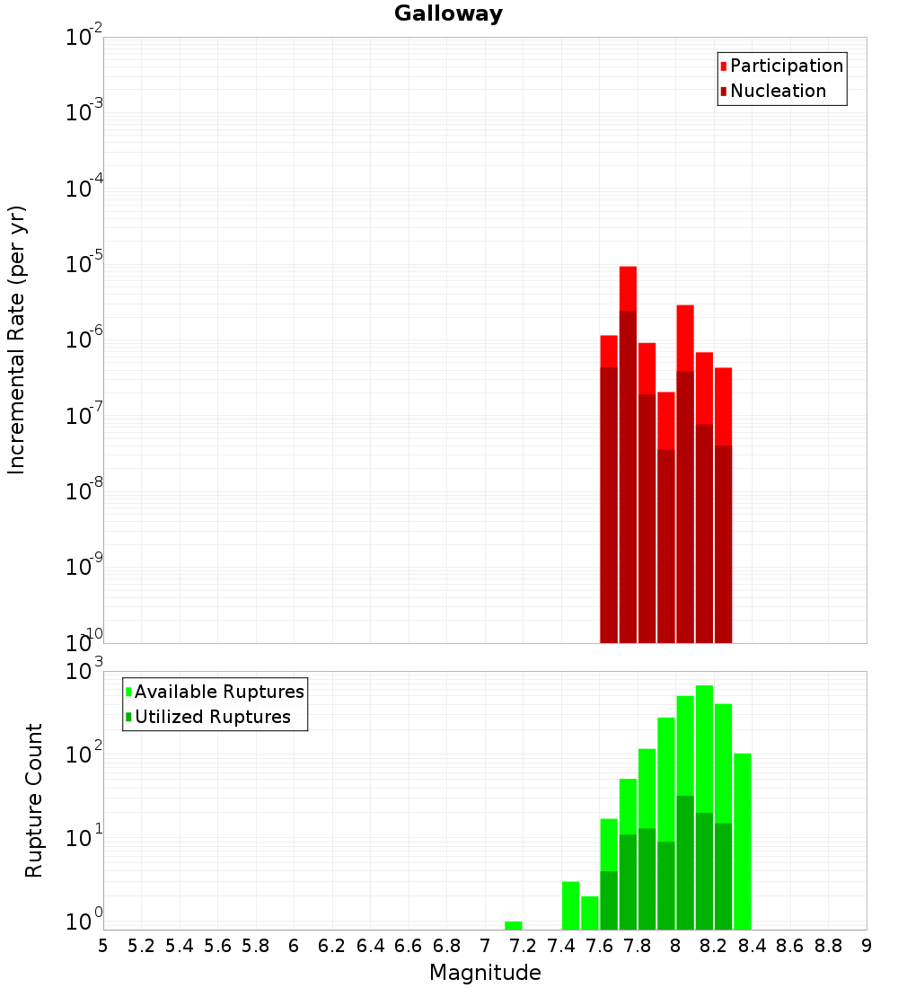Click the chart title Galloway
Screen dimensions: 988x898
448,13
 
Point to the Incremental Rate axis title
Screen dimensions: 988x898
17,340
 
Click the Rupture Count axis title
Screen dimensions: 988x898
34,800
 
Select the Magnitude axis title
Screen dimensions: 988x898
485,973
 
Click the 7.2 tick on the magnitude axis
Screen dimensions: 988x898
523,946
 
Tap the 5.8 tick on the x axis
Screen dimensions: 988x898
256,946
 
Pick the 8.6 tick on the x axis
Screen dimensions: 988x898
790,946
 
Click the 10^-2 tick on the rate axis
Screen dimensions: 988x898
84,38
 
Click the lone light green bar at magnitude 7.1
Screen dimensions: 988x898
514,925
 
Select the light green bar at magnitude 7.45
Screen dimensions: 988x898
570,905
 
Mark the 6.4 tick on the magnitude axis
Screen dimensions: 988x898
370,946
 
